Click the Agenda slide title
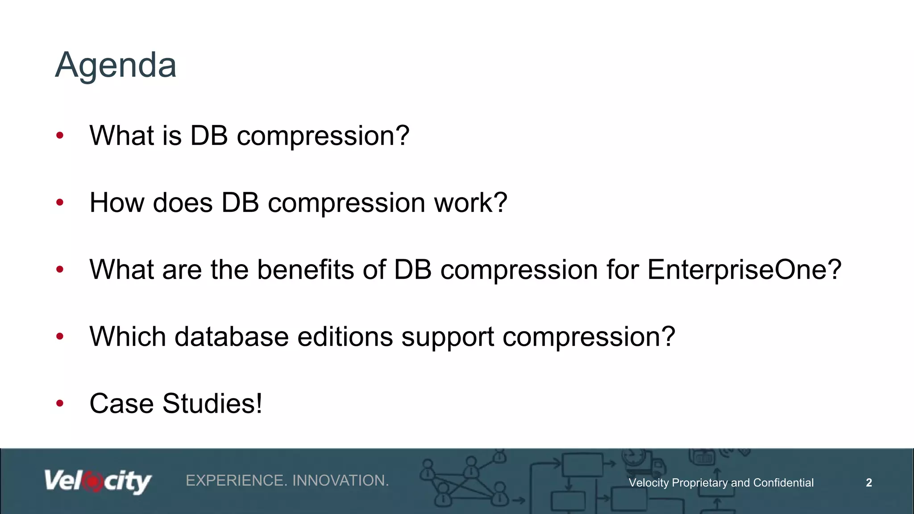coord(116,66)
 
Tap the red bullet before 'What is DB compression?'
coord(60,135)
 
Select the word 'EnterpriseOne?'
coord(744,269)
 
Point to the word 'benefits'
coord(306,269)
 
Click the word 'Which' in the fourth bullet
coord(128,336)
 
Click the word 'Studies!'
coord(212,403)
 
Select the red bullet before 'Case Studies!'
coord(60,403)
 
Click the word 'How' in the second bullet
coord(117,203)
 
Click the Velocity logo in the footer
coord(98,481)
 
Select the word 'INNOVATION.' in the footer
coord(341,481)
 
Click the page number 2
coord(868,482)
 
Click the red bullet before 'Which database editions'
coord(60,336)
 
